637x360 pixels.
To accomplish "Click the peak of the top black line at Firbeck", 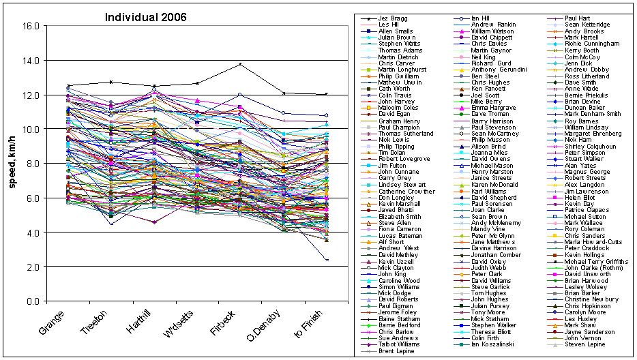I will coord(240,64).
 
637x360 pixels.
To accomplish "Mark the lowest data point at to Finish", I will coord(327,260).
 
